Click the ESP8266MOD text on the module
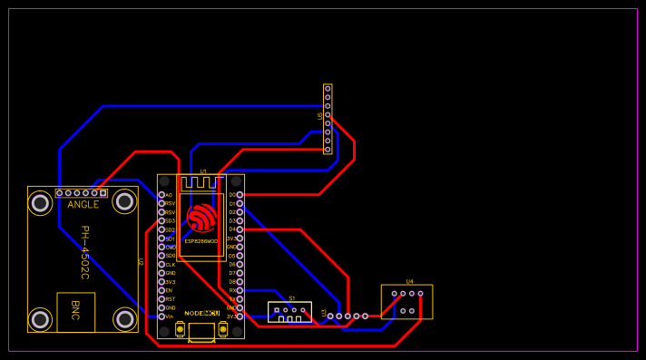(201, 241)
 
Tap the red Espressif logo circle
(201, 218)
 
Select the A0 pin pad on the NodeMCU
(162, 195)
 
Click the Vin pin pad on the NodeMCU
(162, 316)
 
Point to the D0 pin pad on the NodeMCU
(240, 195)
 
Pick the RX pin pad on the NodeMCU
(240, 290)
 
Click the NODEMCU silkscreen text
(201, 313)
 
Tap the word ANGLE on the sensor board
(83, 205)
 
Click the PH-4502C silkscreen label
(84, 251)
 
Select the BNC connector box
(75, 311)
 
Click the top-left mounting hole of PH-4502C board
(40, 203)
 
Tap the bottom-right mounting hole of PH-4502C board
(125, 319)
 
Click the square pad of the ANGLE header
(103, 193)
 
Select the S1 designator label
(291, 298)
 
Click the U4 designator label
(409, 281)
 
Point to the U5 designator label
(320, 116)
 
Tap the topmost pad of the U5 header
(328, 90)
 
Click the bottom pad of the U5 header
(328, 150)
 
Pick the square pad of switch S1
(276, 310)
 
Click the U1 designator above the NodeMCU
(202, 171)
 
